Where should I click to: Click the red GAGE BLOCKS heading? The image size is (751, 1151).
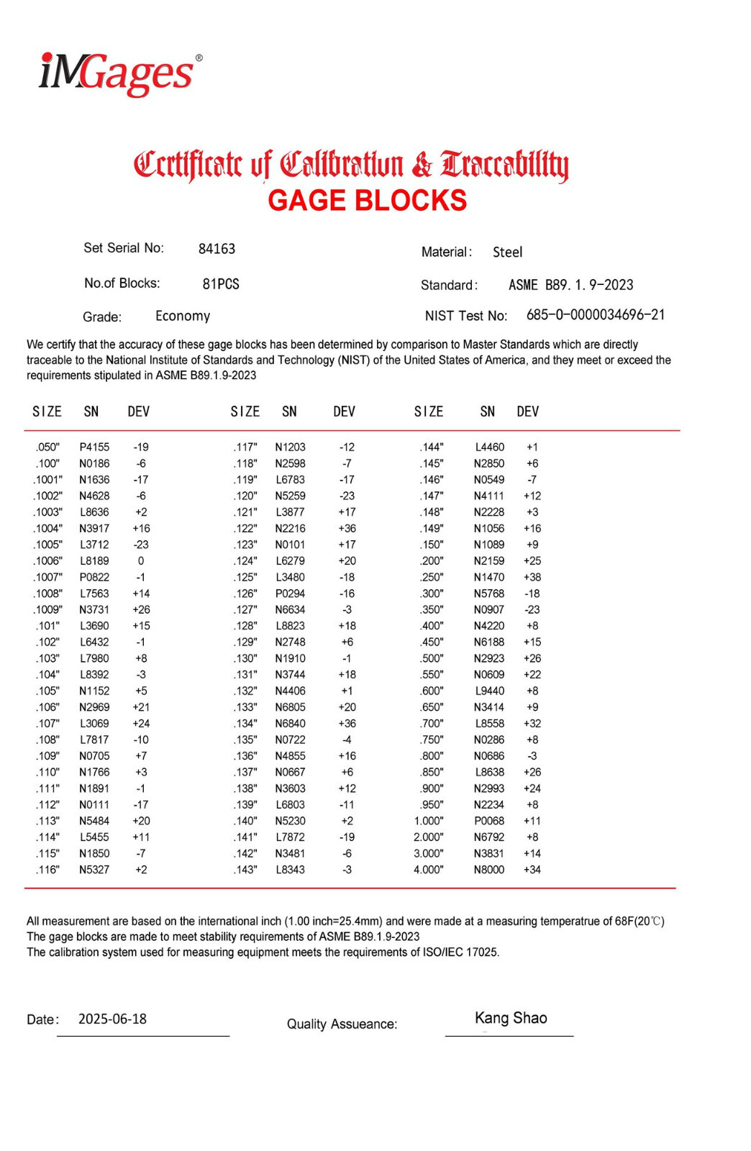pos(367,201)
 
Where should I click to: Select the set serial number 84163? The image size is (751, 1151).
pos(217,249)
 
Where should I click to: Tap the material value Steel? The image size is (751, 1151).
pos(507,253)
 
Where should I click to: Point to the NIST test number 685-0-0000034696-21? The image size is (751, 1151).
pos(595,315)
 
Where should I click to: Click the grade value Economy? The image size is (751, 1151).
pos(183,317)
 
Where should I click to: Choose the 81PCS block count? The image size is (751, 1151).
pos(221,284)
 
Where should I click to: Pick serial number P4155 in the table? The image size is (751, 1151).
pos(94,447)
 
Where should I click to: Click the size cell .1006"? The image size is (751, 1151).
pos(48,561)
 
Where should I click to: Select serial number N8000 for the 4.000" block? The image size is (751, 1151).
pos(488,870)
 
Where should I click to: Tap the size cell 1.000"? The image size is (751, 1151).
pos(429,821)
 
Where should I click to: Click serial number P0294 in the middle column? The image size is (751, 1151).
pos(290,593)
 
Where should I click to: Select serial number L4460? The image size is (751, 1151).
pos(489,447)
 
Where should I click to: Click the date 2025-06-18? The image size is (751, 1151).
pos(112,1019)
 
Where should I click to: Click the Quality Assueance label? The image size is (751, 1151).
pos(342,1024)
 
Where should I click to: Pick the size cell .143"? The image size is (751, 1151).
pos(245,870)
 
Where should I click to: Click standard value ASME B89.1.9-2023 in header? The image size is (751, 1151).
pos(570,286)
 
